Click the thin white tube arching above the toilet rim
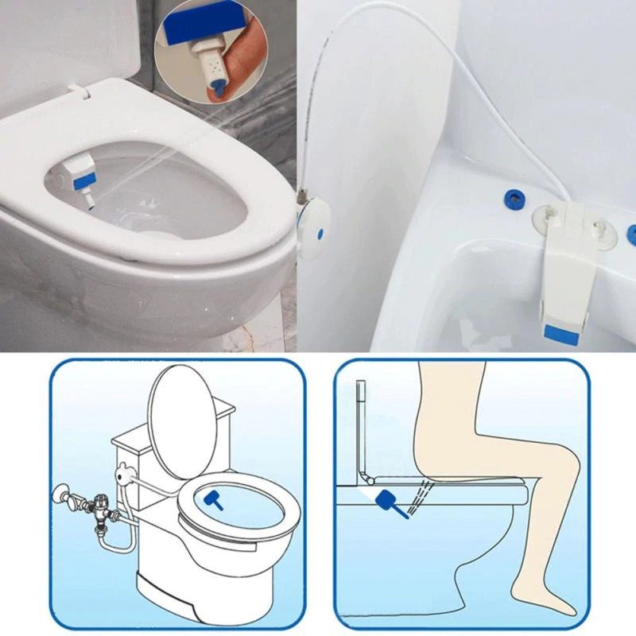pos(445,48)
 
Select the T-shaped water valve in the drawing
pos(99,504)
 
